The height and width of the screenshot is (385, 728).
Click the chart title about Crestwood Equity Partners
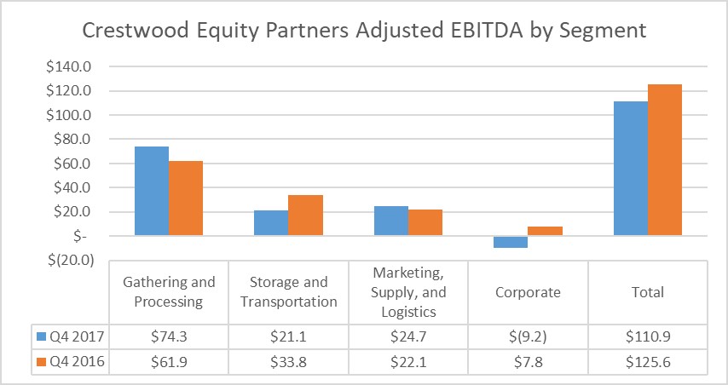tap(364, 31)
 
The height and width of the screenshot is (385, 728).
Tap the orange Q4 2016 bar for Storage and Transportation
tap(305, 215)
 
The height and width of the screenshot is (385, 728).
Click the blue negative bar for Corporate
tap(511, 242)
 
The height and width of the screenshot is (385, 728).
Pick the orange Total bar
tap(665, 160)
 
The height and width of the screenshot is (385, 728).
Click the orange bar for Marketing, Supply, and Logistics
tap(425, 222)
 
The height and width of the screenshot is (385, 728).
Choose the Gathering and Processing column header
tap(169, 292)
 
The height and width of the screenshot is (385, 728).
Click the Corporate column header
tap(528, 292)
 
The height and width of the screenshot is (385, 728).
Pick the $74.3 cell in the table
tap(169, 336)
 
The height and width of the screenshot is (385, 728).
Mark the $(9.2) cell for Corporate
tap(528, 336)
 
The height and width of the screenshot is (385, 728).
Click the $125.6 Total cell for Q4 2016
tap(647, 362)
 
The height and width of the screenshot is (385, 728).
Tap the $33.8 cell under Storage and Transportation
tap(289, 362)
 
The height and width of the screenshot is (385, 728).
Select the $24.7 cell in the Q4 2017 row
tap(408, 336)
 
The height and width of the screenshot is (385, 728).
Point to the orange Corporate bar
tap(546, 231)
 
